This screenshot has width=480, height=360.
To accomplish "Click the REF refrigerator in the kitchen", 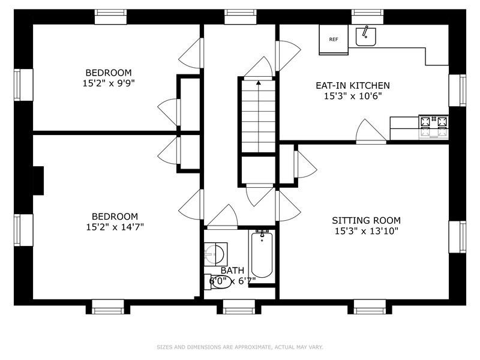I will pos(334,40).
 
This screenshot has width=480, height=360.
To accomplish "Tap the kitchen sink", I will pos(365,37).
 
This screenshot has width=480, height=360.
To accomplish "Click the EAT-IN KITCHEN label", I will pos(353,86).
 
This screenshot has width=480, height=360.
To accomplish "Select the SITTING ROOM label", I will pos(366,220).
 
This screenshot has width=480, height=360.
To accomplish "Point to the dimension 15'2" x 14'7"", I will pos(115,226).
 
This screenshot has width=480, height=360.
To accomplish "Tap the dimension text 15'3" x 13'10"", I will pos(366,230).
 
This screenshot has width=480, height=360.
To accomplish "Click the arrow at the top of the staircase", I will pos(259,83).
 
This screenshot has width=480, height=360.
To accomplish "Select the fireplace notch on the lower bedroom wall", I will pos(38,181).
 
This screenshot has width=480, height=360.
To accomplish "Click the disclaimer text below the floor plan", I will pos(239,347).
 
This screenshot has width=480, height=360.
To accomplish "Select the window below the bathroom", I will pos(239,309).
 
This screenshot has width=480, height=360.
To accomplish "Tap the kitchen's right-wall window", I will pos(458,90).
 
